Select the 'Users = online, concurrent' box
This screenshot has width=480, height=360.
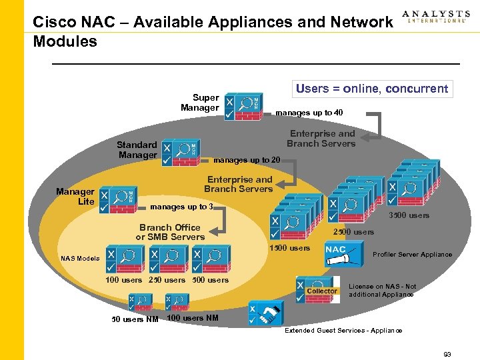[372, 89]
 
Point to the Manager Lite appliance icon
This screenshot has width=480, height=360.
[118, 199]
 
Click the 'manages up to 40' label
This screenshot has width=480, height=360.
[309, 113]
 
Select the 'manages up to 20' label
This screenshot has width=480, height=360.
[247, 160]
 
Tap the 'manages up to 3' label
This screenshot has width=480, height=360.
[182, 207]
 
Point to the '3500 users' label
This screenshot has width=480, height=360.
[409, 215]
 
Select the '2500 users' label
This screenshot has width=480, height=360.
[353, 232]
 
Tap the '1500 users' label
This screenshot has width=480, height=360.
[289, 248]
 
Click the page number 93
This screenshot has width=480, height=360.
[447, 354]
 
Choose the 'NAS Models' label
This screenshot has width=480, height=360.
[80, 258]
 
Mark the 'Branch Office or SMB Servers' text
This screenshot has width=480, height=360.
[170, 232]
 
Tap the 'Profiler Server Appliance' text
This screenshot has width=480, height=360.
[412, 255]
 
